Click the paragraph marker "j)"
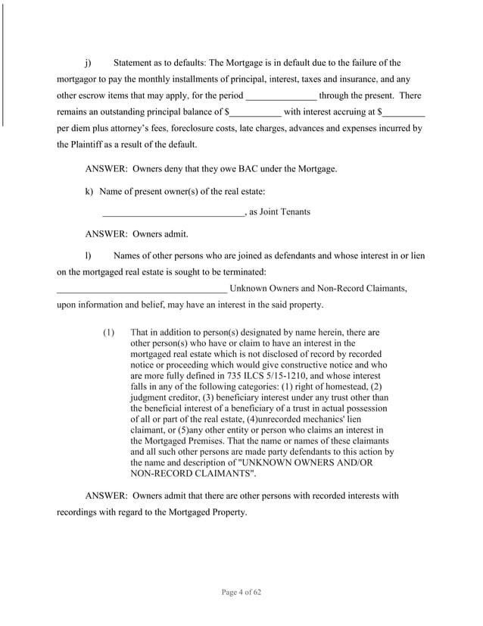pos(89,62)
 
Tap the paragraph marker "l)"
pos(88,255)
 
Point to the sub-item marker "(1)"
pos(108,332)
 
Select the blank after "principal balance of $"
pos(255,112)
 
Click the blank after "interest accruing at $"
pos(404,112)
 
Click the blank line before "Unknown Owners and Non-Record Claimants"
pos(142,288)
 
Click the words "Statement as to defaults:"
pos(159,62)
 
